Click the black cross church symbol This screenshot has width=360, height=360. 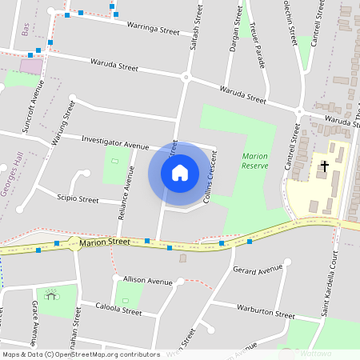[x=324, y=166]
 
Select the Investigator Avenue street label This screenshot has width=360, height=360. [x=115, y=142]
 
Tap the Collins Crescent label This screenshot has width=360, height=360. [x=214, y=177]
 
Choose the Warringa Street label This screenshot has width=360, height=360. [x=153, y=27]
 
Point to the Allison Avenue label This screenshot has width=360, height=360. [x=147, y=281]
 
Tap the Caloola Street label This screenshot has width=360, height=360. [x=118, y=308]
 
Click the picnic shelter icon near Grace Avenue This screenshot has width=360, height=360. [x=51, y=296]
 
